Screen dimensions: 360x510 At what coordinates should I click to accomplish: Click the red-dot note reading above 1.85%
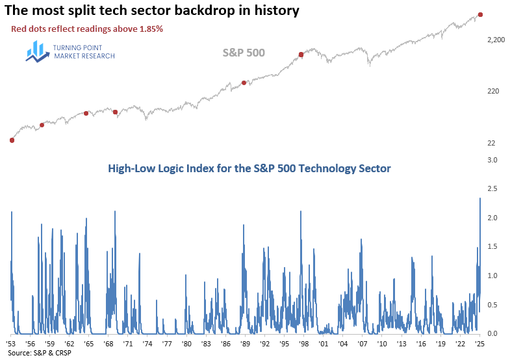86,29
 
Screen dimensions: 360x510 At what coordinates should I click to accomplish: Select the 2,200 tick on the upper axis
495,40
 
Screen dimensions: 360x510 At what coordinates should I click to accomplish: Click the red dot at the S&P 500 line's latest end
480,14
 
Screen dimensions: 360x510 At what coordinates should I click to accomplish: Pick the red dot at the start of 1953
12,140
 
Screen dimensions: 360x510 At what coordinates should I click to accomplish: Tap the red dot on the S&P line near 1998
301,55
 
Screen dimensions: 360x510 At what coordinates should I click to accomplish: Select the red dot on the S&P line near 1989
244,83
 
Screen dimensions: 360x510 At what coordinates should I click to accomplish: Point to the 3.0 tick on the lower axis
492,160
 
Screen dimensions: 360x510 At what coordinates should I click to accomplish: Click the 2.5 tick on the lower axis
492,189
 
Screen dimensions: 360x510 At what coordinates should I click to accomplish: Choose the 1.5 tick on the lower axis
492,247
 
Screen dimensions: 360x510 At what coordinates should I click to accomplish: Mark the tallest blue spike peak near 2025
480,198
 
